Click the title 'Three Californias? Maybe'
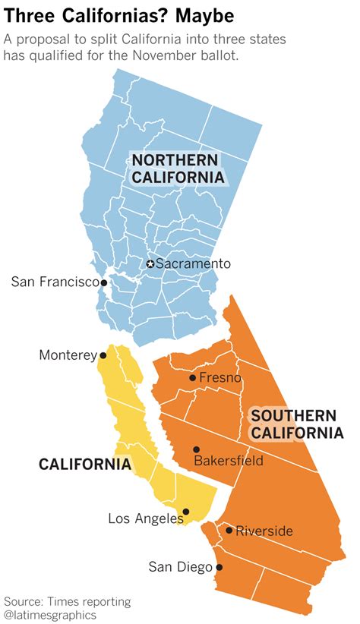[118, 15]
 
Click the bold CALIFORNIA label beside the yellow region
[85, 465]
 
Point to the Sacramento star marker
[150, 264]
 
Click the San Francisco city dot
[104, 282]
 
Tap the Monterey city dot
[103, 355]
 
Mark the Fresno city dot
[192, 377]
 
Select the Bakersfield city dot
[196, 449]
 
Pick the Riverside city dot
[229, 530]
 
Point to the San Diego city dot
[219, 567]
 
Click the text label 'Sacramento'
[192, 263]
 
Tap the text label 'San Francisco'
[55, 282]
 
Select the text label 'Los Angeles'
[145, 518]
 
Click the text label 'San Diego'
[181, 566]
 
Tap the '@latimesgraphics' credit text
[50, 614]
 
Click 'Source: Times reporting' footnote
[67, 601]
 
